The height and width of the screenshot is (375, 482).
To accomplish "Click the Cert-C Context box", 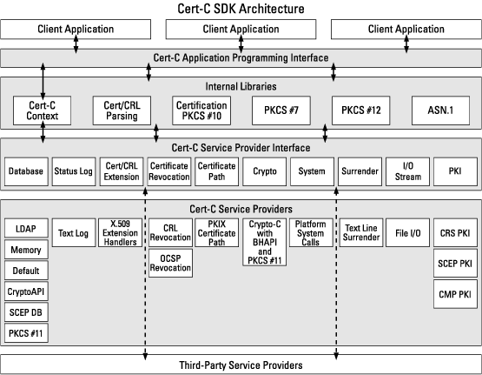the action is tap(42, 110).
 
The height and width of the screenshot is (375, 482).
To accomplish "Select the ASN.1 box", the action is tap(440, 110).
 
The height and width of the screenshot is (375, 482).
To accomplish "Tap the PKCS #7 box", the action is tap(281, 110).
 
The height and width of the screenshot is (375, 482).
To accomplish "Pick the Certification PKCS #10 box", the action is tap(201, 110).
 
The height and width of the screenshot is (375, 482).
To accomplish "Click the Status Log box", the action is tap(74, 171).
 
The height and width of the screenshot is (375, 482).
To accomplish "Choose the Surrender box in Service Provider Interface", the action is tap(360, 171).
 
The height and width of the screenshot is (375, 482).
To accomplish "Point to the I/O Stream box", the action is tap(407, 171).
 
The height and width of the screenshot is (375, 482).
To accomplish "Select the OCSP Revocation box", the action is tap(170, 264).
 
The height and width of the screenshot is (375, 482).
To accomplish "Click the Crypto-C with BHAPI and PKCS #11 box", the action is tap(265, 242).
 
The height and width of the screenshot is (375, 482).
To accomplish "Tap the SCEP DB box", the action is tap(26, 312).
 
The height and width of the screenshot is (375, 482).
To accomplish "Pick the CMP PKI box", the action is tap(455, 294).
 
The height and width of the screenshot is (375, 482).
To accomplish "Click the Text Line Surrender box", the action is tap(361, 233).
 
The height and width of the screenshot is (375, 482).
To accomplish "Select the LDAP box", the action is tap(26, 229).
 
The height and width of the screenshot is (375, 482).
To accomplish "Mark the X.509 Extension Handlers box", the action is tap(120, 233).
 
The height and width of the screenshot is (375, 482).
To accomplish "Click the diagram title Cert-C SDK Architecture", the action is tap(241, 9).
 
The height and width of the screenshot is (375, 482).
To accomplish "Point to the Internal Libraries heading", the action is tap(241, 86).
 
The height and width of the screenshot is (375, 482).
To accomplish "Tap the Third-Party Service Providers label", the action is tap(241, 365).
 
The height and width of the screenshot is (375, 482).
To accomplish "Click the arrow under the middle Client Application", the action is tap(241, 44).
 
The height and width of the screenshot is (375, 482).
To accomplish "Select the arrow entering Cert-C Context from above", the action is tap(43, 81).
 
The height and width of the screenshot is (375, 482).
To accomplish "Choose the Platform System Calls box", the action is tap(311, 233).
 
